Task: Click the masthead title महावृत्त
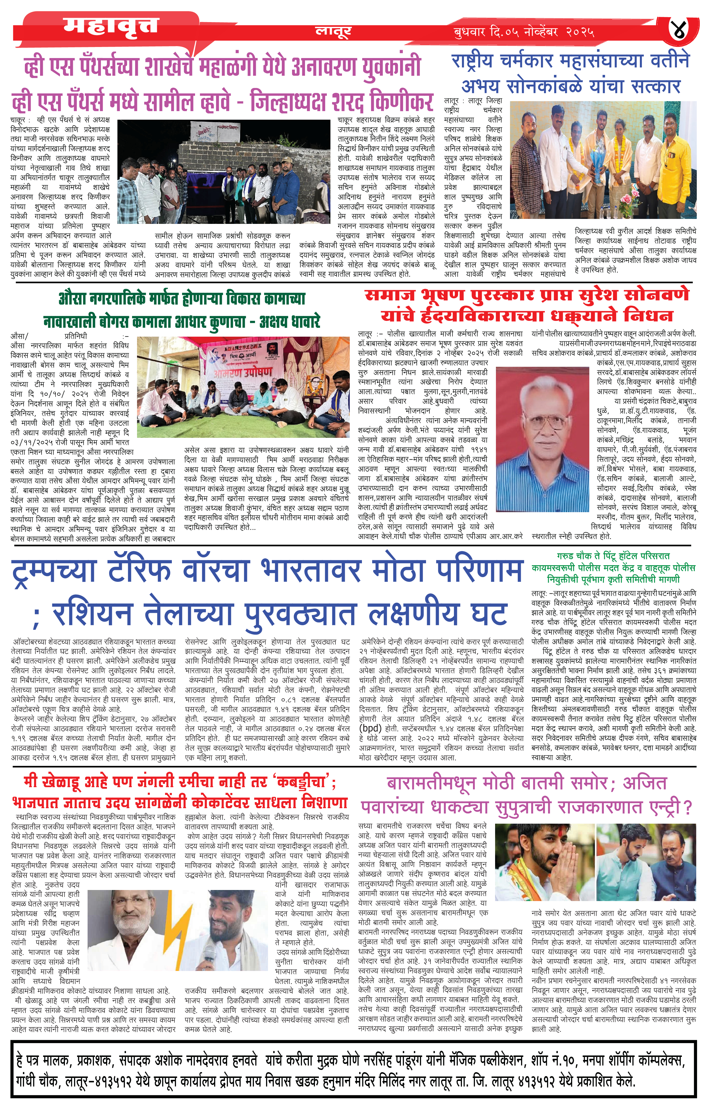coord(111,26)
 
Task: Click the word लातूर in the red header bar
coord(333,31)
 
